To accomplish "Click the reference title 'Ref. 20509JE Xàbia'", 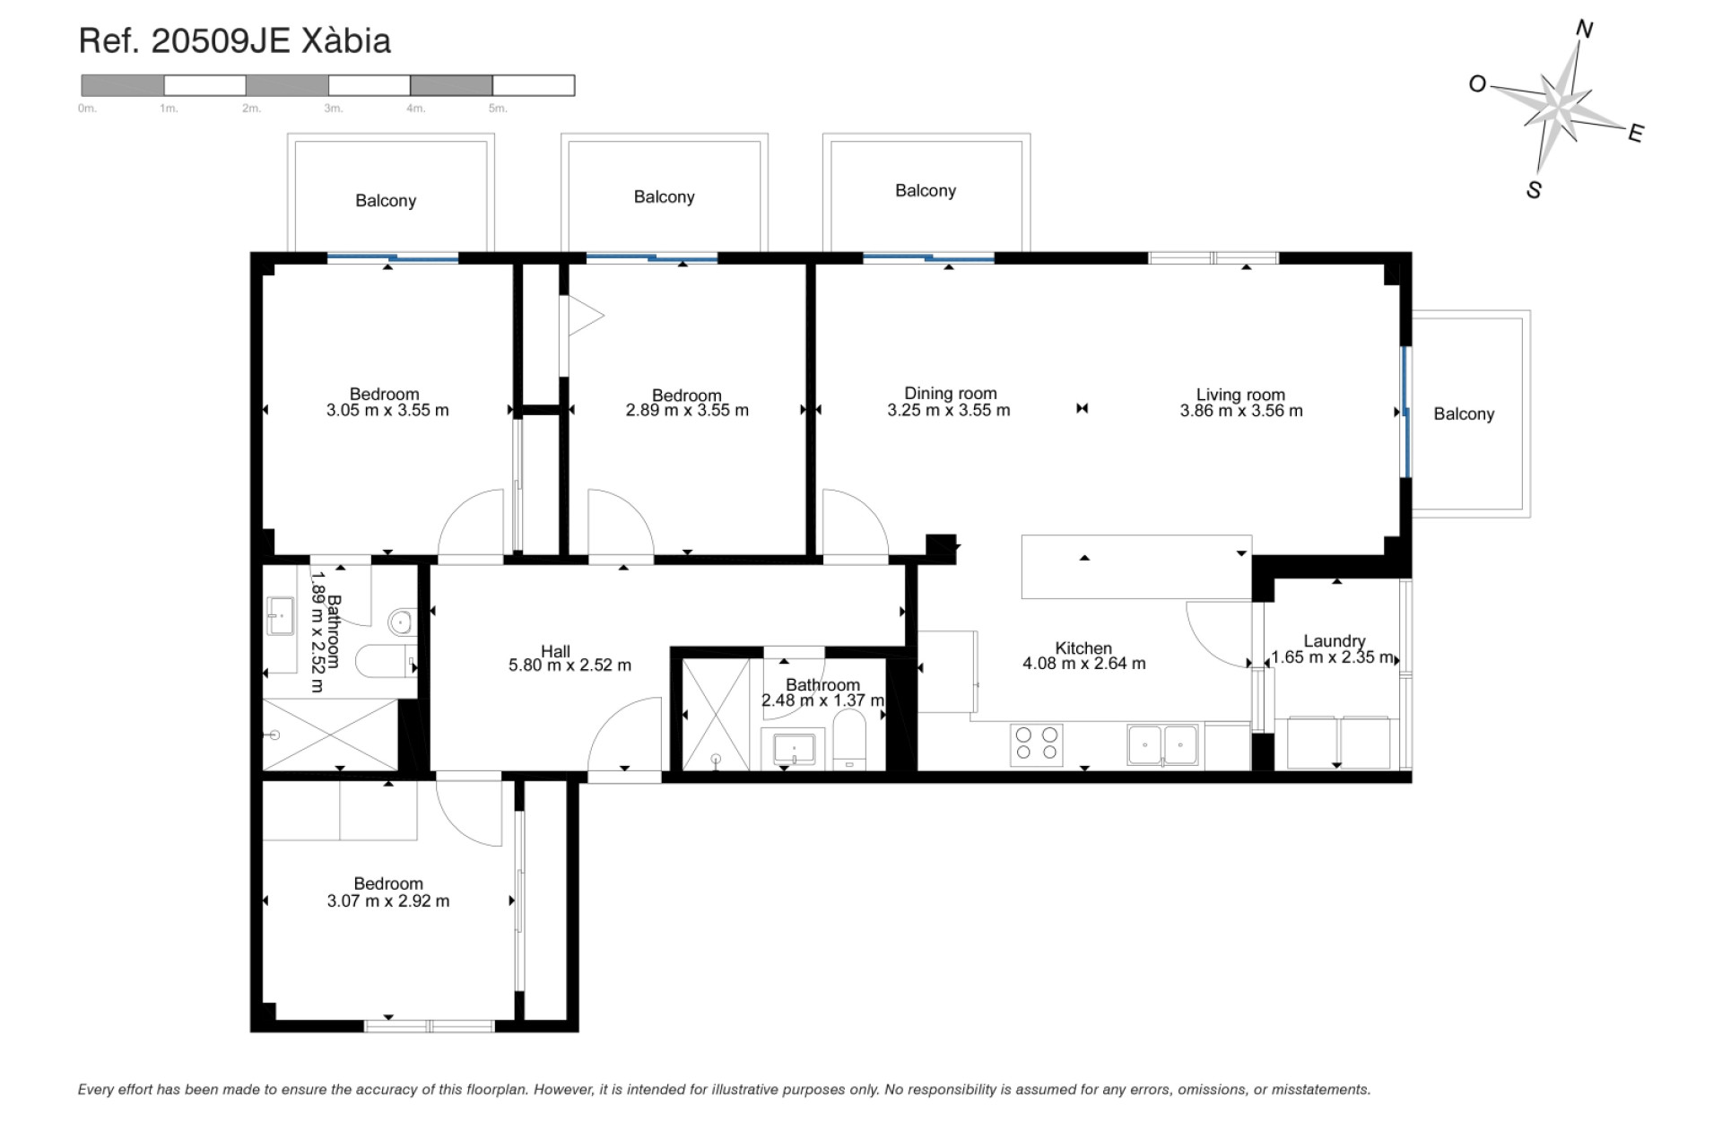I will tap(235, 41).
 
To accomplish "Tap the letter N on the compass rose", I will tap(1584, 30).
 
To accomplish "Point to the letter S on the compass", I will tap(1534, 190).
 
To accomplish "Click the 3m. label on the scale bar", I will tap(333, 109).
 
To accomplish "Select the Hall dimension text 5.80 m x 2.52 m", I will tap(570, 665).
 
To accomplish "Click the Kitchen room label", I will tap(1083, 648).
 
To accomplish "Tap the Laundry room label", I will tap(1334, 640).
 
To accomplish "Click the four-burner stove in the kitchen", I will tap(1037, 744).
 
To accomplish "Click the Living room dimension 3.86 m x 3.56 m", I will tap(1240, 411).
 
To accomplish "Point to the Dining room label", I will tap(950, 393).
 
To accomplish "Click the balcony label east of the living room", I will tap(1463, 413).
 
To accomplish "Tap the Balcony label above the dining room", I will tap(925, 190).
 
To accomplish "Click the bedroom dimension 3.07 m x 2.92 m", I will tap(388, 900).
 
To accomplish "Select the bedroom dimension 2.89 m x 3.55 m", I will tap(686, 410).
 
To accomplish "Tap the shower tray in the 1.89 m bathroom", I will tap(330, 735).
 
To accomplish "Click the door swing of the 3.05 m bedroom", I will tap(471, 525).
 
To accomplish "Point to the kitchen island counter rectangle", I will tap(1135, 567).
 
